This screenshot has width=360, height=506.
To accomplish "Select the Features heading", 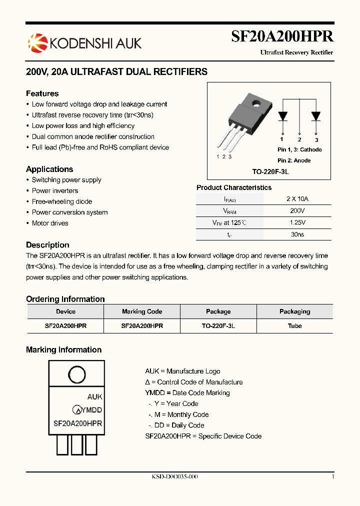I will click(42, 93).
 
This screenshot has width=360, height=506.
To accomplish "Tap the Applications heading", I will click(49, 169).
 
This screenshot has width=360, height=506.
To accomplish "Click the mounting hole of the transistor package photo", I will click(256, 104).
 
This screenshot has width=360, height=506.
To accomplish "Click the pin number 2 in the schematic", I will click(299, 140).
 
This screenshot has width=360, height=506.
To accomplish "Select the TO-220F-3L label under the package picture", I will click(270, 171).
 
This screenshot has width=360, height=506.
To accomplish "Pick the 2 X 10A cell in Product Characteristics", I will click(297, 198).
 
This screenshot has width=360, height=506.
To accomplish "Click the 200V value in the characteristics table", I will click(297, 210).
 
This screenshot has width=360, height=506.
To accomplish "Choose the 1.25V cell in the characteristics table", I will click(297, 222).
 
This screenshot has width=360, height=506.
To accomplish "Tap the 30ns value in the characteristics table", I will click(297, 234).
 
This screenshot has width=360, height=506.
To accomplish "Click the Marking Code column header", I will click(142, 311).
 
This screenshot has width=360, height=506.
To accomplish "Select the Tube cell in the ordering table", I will click(295, 325).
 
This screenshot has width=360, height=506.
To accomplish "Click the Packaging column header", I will click(295, 311).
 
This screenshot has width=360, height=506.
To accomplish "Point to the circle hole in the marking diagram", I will click(76, 374).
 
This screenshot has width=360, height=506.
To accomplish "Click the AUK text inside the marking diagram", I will click(94, 396).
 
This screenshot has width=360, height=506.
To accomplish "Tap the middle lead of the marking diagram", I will click(77, 444).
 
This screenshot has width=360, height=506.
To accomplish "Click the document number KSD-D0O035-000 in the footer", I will click(175, 477).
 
